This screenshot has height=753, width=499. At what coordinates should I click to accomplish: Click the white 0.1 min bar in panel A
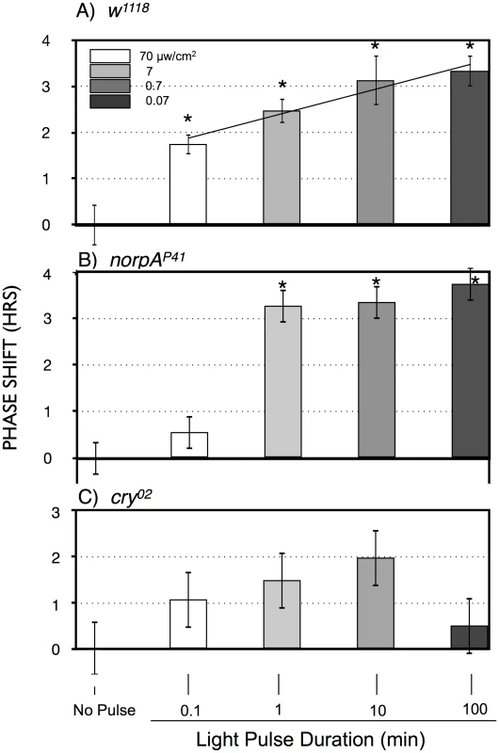(x=187, y=184)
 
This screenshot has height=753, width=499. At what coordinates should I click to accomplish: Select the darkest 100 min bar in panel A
(x=469, y=148)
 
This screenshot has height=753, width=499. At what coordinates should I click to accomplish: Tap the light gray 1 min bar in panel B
(x=282, y=382)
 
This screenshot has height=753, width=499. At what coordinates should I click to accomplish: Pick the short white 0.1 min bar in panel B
(x=189, y=445)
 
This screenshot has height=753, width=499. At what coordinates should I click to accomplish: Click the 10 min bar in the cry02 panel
(x=375, y=603)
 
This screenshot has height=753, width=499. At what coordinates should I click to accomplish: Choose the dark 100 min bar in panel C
(x=469, y=637)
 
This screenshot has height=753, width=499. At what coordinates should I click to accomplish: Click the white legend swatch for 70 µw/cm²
(x=110, y=56)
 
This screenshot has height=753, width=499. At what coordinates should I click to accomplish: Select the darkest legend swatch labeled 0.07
(x=110, y=101)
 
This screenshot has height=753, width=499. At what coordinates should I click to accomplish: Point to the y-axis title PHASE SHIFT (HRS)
(x=10, y=368)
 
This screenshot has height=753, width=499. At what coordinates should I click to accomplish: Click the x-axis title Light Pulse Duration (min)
(x=311, y=739)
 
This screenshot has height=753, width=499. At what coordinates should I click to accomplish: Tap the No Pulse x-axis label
(x=105, y=710)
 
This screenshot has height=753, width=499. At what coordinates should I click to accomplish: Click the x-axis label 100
(x=475, y=710)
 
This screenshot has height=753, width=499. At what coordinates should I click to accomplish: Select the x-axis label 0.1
(x=189, y=711)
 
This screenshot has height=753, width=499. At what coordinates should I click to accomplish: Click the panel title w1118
(x=129, y=10)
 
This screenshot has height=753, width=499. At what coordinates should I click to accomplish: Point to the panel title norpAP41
(x=148, y=260)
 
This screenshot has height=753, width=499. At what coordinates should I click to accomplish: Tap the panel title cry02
(x=131, y=497)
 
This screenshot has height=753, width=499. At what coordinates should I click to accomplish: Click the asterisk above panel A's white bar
(x=187, y=120)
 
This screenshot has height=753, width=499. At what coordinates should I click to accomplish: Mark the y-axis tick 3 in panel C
(x=56, y=512)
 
